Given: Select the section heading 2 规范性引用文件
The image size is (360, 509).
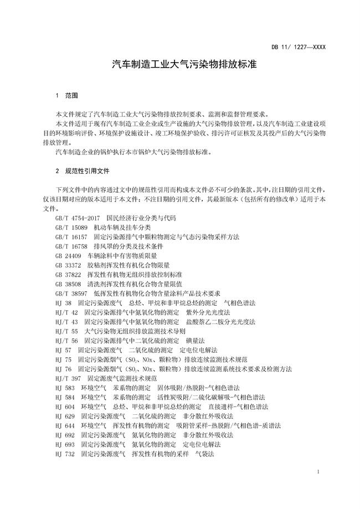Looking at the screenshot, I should (x=82, y=171).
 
